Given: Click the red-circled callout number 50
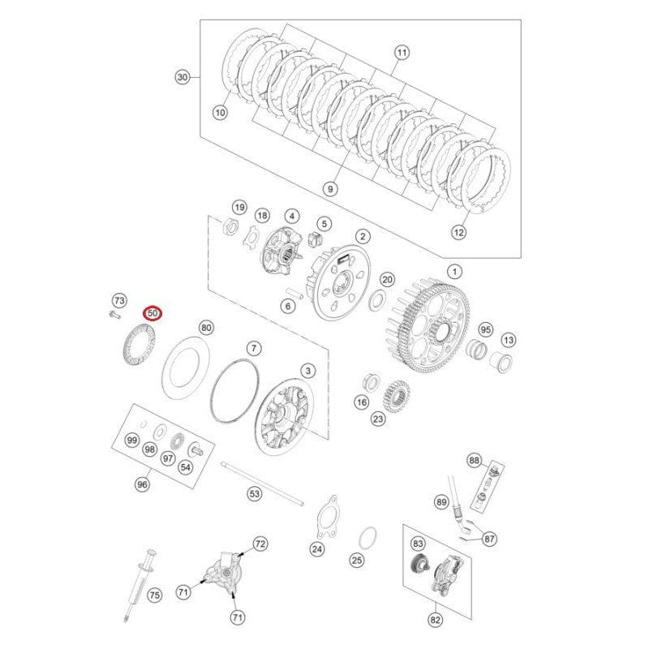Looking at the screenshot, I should (153, 312).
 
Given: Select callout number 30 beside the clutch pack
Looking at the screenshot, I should (182, 78).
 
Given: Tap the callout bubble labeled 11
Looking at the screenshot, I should (402, 54).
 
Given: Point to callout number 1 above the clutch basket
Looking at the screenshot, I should (454, 271).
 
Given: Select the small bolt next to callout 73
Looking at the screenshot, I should (112, 312).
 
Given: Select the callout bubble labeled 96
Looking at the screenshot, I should (142, 484).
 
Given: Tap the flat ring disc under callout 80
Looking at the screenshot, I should (186, 370).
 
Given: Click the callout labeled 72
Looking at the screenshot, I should (260, 543).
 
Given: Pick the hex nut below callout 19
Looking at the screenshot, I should (230, 228).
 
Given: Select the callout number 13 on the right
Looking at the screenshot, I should (509, 339).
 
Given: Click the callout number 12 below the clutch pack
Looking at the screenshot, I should (459, 232).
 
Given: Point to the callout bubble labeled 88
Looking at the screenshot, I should (474, 461).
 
